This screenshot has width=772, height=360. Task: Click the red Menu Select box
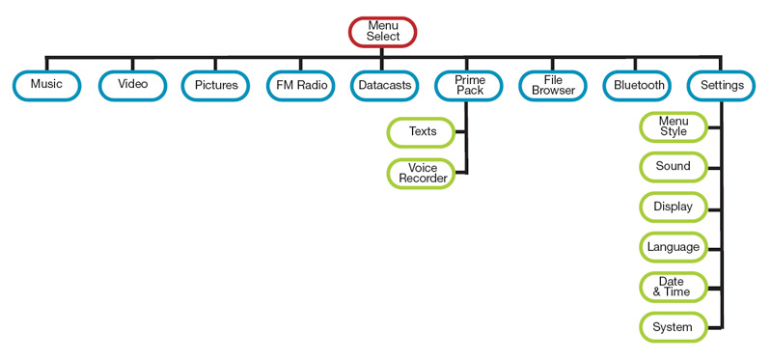pyautogui.click(x=382, y=32)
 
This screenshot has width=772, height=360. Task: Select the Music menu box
pyautogui.click(x=46, y=86)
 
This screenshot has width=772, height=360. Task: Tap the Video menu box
pyautogui.click(x=132, y=86)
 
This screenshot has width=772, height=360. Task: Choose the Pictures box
pyautogui.click(x=215, y=86)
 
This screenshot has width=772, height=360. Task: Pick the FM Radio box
pyautogui.click(x=301, y=86)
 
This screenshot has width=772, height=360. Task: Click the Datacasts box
pyautogui.click(x=384, y=86)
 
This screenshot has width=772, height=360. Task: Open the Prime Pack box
pyautogui.click(x=469, y=86)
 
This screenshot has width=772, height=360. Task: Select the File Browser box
pyautogui.click(x=553, y=86)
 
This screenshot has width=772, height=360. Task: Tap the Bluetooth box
pyautogui.click(x=638, y=86)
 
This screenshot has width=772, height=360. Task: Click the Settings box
pyautogui.click(x=722, y=86)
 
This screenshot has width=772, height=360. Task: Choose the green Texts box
pyautogui.click(x=421, y=132)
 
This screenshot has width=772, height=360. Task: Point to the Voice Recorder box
pyautogui.click(x=421, y=173)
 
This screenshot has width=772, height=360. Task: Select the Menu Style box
pyautogui.click(x=674, y=126)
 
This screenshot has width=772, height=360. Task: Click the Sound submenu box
pyautogui.click(x=674, y=167)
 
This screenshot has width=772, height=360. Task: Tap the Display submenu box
pyautogui.click(x=674, y=207)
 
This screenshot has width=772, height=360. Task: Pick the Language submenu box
pyautogui.click(x=674, y=247)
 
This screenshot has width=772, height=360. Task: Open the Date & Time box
pyautogui.click(x=674, y=287)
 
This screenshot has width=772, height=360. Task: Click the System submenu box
pyautogui.click(x=674, y=327)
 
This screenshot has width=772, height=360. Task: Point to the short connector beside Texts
pyautogui.click(x=460, y=132)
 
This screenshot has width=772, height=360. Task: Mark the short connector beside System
pyautogui.click(x=715, y=327)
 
